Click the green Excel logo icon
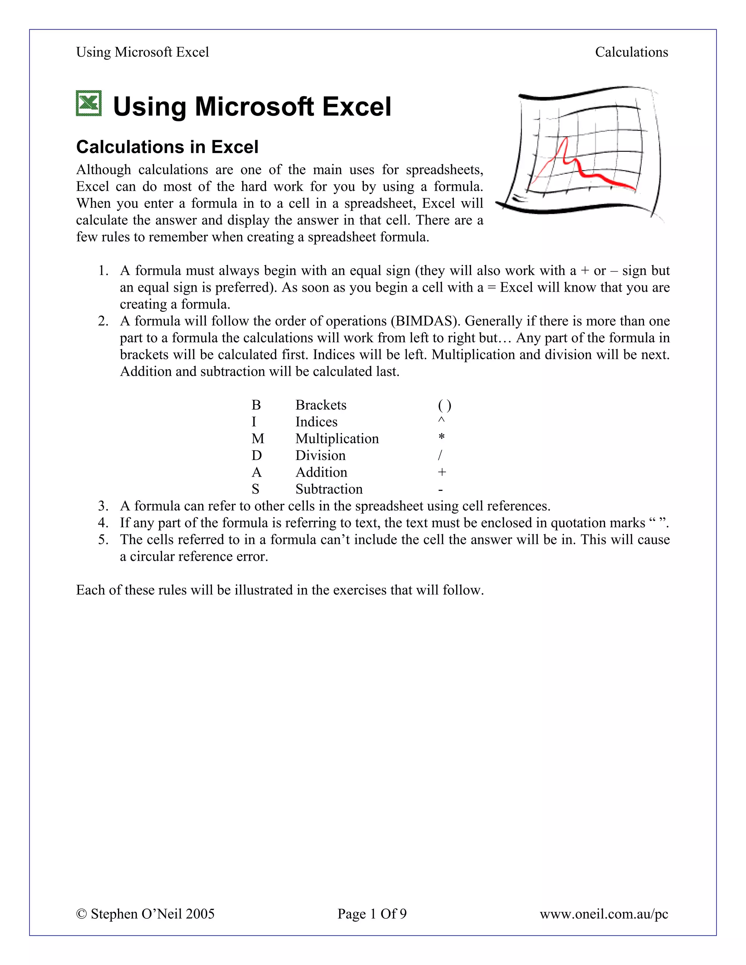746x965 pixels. click(x=89, y=103)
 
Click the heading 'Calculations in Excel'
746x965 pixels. click(x=167, y=147)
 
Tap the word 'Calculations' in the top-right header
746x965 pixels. click(x=631, y=52)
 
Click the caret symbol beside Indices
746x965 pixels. click(x=441, y=421)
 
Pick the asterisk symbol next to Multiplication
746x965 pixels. click(x=441, y=437)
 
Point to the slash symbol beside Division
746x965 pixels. click(x=440, y=456)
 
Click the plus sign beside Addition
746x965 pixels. click(x=442, y=472)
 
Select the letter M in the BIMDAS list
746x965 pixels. click(x=258, y=439)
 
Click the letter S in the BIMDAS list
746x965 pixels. click(x=255, y=489)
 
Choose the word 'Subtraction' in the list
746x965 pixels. click(x=329, y=489)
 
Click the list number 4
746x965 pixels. click(x=103, y=523)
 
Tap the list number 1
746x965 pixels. click(x=103, y=271)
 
